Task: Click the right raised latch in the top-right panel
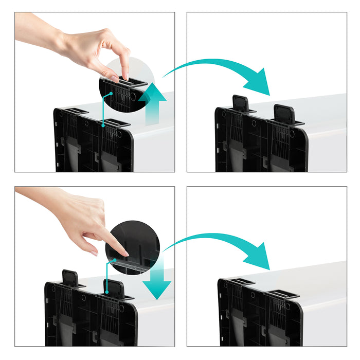pos(283,114)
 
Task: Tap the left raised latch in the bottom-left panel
pos(70,278)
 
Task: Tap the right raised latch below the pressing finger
pos(114,289)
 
